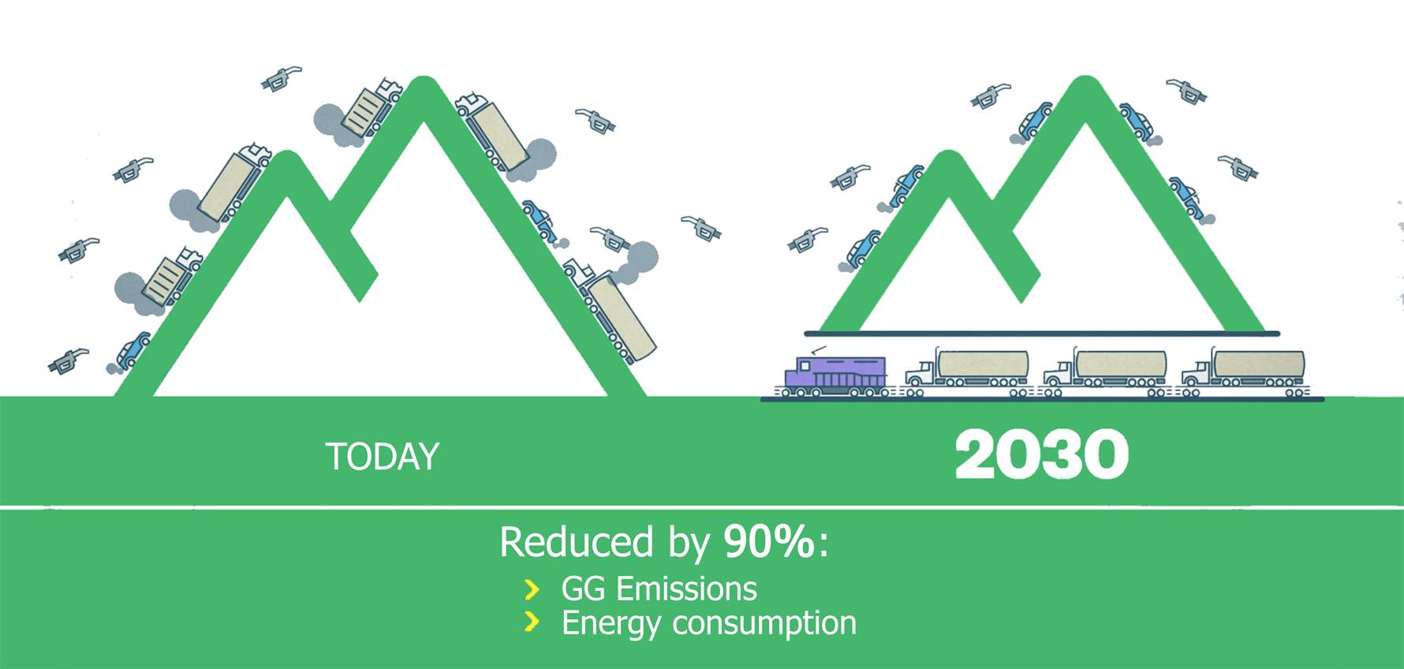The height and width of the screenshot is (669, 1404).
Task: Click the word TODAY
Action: (383, 457)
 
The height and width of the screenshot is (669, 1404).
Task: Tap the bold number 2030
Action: (1042, 454)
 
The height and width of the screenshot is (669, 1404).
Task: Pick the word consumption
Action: (764, 623)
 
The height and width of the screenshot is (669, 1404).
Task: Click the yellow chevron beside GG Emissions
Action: (532, 589)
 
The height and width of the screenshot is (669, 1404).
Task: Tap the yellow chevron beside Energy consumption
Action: (532, 622)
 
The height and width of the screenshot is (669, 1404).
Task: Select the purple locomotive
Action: (835, 375)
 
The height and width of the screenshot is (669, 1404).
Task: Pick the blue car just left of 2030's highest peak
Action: (1036, 120)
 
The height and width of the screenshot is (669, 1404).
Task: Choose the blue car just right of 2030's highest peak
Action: (1137, 121)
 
